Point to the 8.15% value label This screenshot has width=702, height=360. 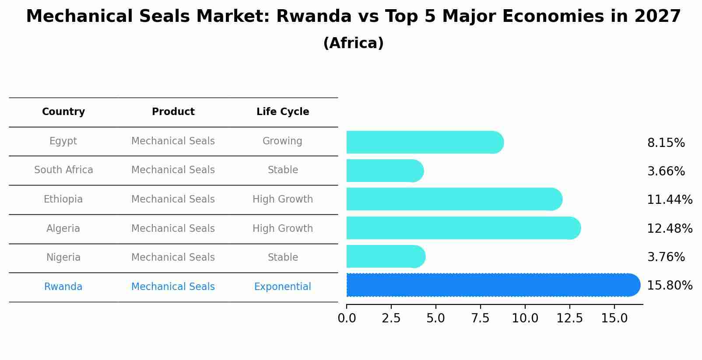pos(666,143)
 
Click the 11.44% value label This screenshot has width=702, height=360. pos(669,200)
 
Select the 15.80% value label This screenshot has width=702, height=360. pos(669,286)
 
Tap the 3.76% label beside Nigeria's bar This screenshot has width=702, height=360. pos(666,257)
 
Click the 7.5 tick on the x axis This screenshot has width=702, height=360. pos(480,318)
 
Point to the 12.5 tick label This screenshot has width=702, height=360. pos(569,318)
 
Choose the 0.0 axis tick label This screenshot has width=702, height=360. pos(347,318)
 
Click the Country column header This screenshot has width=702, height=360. pos(63,112)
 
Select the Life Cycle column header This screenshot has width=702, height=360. pos(283,112)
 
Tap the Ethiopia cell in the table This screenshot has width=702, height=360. pos(63,199)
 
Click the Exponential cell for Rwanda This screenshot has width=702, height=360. pos(282,287)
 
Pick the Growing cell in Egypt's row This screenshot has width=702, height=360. pos(282,141)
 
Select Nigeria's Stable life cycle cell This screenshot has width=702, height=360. pos(283,258)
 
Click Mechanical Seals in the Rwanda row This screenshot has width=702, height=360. pos(173,287)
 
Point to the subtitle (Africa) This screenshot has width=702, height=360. pos(353,43)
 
